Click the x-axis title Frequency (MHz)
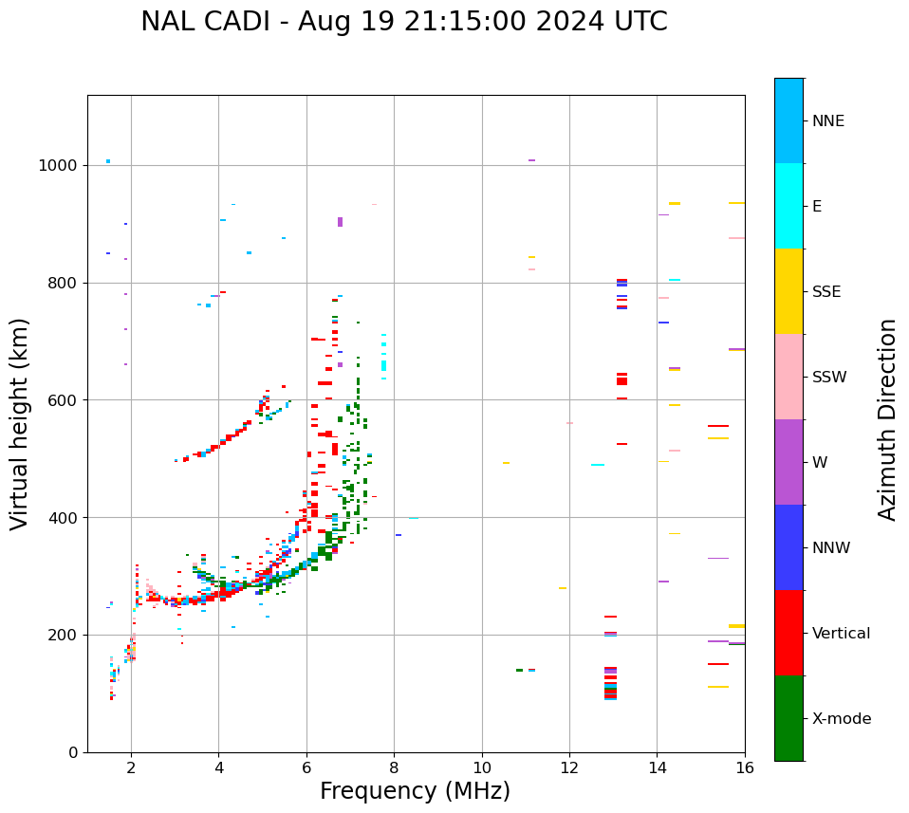(x=415, y=791)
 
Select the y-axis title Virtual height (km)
(x=21, y=423)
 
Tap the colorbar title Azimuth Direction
(x=887, y=418)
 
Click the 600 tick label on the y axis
(x=63, y=400)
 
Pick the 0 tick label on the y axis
(x=72, y=752)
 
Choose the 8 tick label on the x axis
(x=395, y=767)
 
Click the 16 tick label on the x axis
(x=745, y=767)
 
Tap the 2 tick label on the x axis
(x=131, y=767)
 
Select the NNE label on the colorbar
(x=827, y=121)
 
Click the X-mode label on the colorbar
(x=841, y=719)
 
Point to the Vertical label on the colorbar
(x=841, y=634)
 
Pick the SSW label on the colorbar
(x=829, y=378)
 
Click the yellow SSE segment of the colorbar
(x=788, y=291)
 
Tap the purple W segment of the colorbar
(x=788, y=462)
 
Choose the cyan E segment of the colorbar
(x=788, y=206)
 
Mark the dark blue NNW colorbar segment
(x=788, y=547)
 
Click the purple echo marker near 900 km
(x=340, y=222)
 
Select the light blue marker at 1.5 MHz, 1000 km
(x=108, y=161)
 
